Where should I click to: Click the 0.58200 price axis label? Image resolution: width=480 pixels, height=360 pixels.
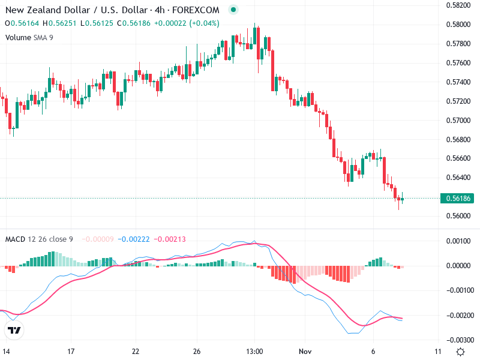458,5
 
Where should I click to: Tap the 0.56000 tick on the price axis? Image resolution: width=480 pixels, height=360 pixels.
458,216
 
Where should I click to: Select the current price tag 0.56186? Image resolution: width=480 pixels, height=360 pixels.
458,198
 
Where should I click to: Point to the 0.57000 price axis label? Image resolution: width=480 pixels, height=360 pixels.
458,120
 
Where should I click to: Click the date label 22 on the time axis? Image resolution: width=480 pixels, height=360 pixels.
136,352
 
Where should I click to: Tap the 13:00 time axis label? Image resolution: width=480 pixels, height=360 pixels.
254,352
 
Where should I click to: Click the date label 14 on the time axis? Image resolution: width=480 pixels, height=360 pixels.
7,352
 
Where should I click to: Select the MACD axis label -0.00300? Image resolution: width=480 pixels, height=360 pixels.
459,340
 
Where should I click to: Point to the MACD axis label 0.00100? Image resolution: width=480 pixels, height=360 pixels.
459,241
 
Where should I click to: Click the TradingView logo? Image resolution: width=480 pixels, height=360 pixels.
14,331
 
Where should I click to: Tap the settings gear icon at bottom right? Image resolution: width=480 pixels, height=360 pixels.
460,352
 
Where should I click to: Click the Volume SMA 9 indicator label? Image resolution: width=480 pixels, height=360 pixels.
29,37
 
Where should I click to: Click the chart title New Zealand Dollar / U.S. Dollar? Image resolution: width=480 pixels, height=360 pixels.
74,10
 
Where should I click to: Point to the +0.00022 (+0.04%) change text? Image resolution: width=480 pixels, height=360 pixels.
187,23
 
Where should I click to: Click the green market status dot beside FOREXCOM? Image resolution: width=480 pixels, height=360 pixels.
233,10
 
